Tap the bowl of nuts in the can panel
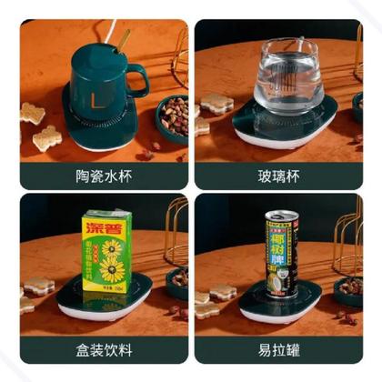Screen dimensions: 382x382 click(x=348, y=290)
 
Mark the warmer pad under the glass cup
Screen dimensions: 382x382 click(x=282, y=127)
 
